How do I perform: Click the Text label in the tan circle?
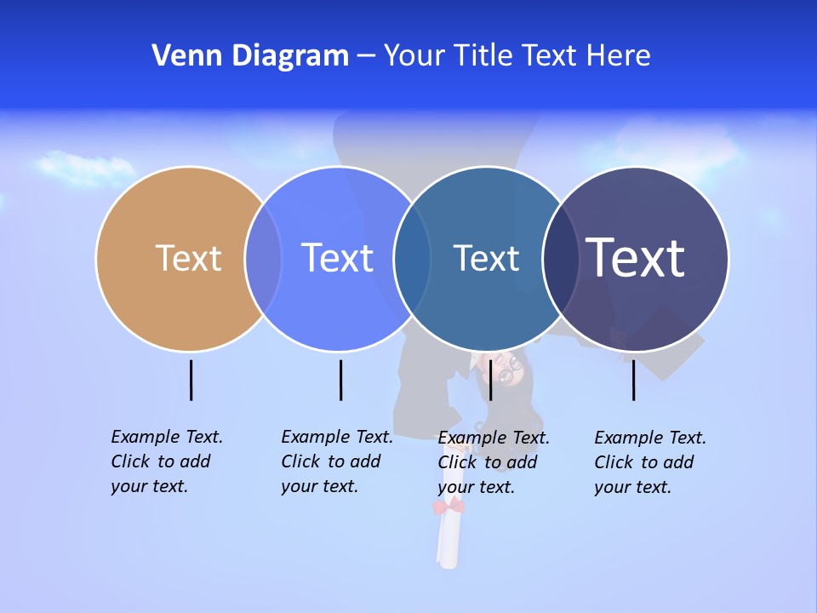click(188, 258)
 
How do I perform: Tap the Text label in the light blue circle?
click(337, 258)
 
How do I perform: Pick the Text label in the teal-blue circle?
click(486, 258)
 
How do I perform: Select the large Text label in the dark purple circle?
click(636, 258)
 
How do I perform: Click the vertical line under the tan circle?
click(191, 380)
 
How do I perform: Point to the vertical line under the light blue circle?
click(340, 380)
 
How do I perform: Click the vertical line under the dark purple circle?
click(634, 380)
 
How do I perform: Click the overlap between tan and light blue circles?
click(263, 258)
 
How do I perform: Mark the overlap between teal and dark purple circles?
click(561, 258)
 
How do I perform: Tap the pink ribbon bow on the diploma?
click(449, 507)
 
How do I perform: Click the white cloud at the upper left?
click(78, 167)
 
